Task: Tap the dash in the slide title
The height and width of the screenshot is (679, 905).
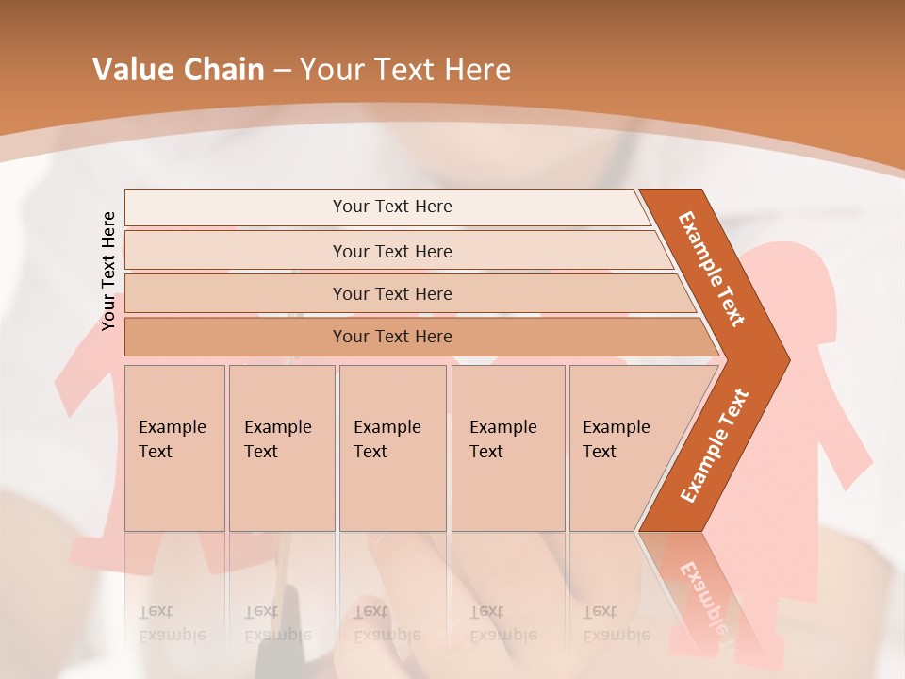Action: (x=282, y=71)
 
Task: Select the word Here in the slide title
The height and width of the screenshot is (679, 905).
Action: (x=477, y=70)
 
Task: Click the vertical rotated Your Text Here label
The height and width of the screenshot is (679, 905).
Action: (x=108, y=271)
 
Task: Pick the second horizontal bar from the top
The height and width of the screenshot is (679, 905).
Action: (x=392, y=251)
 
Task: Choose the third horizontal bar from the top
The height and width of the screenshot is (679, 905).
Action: (x=392, y=293)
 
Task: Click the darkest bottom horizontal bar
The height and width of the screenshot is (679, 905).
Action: (x=392, y=337)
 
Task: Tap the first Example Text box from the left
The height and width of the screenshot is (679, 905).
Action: (x=174, y=448)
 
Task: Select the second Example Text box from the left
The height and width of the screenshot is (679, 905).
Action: (x=281, y=448)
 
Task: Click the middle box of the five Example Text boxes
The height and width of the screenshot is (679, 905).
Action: (x=392, y=448)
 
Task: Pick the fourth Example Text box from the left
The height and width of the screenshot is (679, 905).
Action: (x=507, y=448)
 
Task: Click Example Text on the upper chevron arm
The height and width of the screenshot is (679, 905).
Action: (x=712, y=269)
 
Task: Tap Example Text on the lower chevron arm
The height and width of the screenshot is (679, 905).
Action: (x=715, y=445)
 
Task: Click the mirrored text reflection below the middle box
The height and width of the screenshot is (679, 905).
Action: (x=387, y=622)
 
